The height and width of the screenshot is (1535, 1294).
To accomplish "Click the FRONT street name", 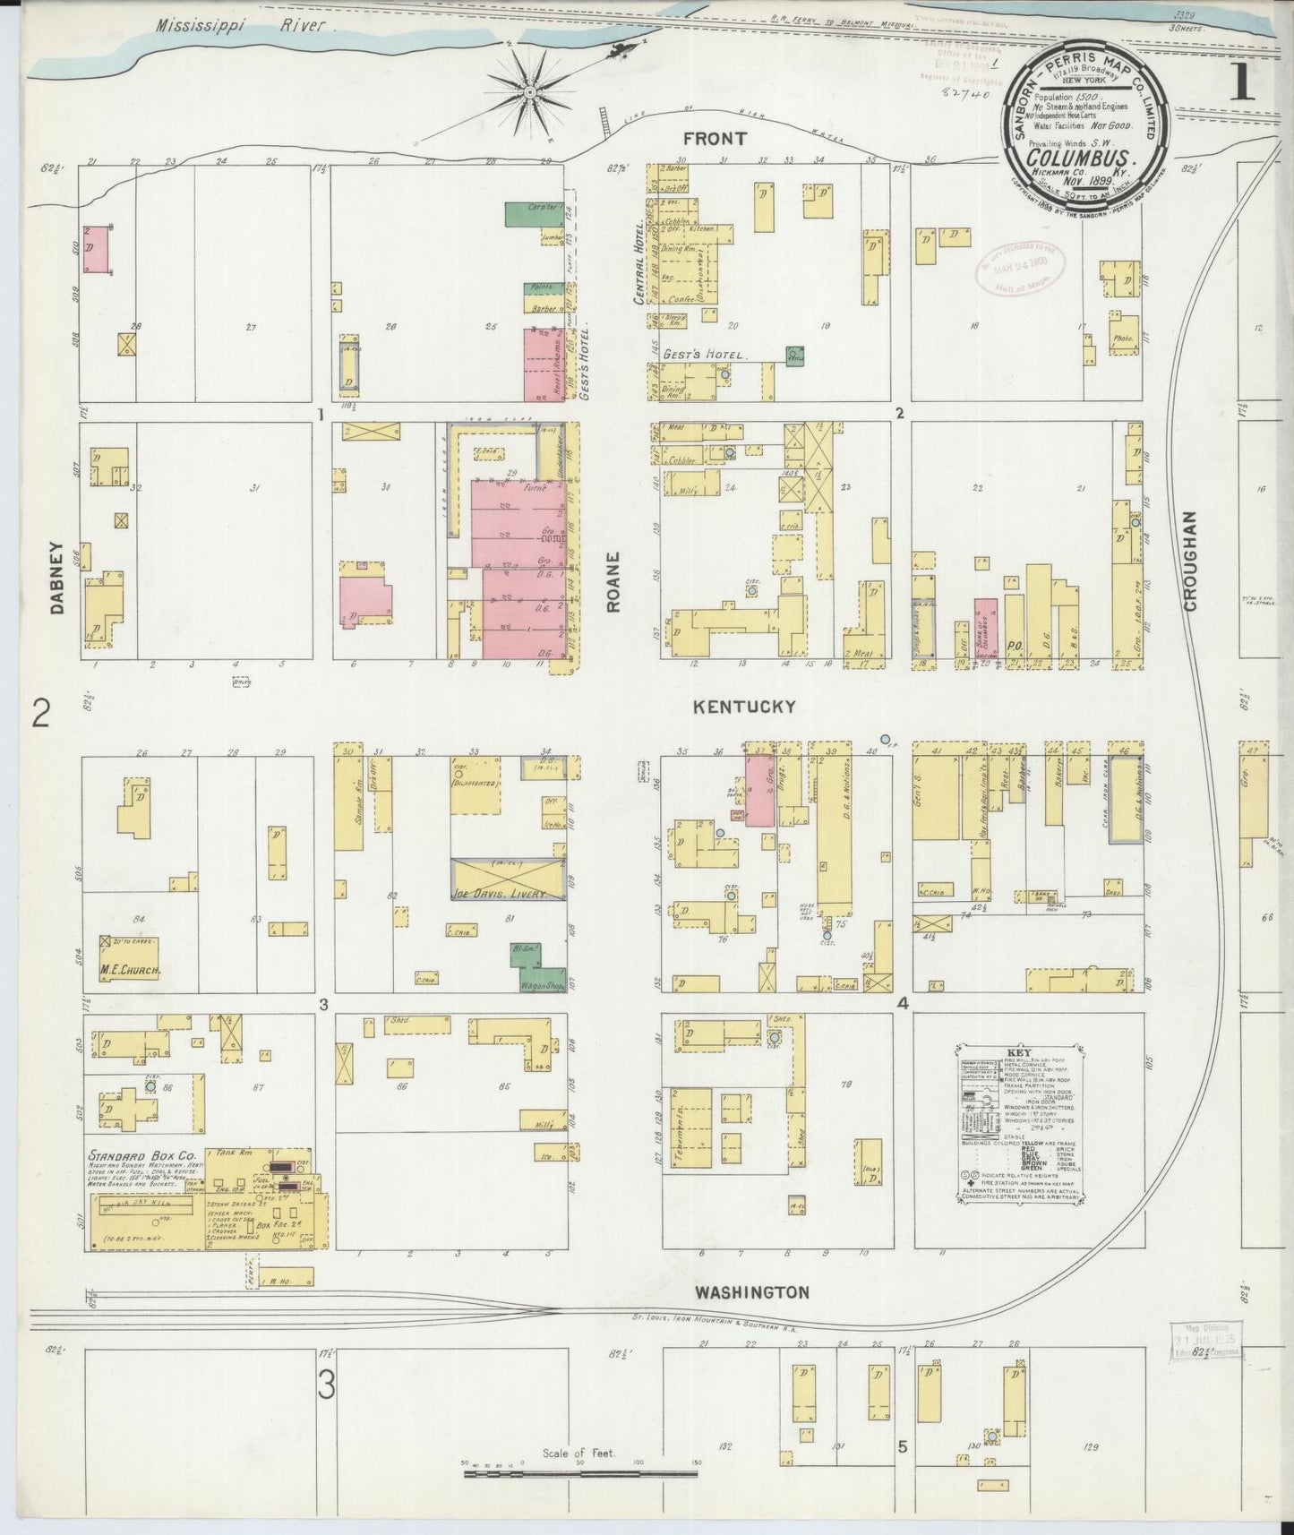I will (714, 139).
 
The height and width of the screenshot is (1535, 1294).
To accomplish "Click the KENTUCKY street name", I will (744, 707).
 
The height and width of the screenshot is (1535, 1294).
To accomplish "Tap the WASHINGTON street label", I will (752, 1292).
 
